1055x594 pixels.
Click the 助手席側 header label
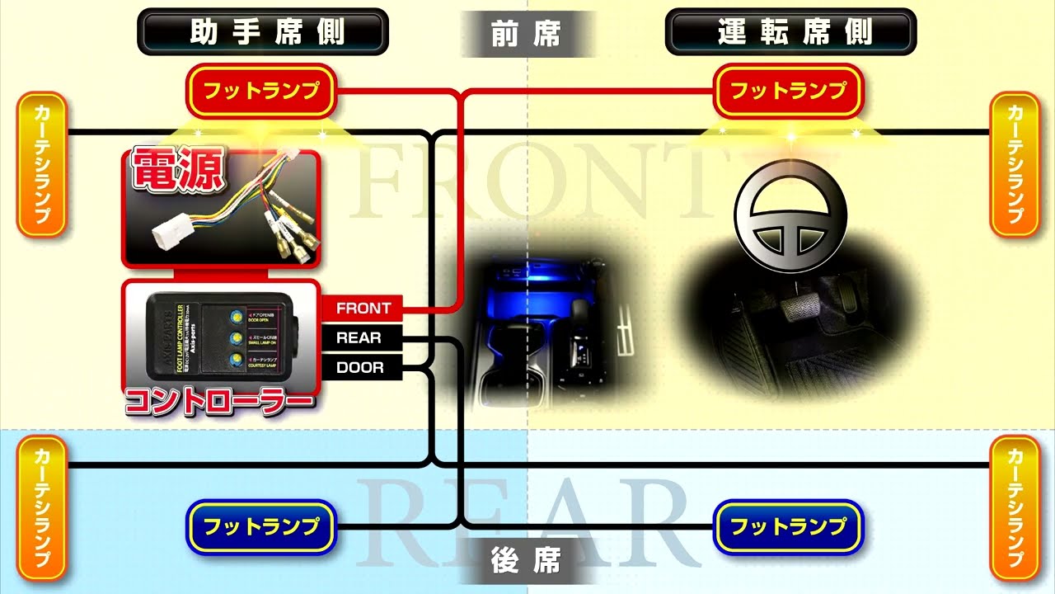coord(262,32)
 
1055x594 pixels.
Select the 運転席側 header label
coord(790,32)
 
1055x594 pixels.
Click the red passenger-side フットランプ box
coord(261,91)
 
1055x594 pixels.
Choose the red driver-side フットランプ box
coord(789,91)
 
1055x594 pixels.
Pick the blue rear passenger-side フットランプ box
coord(261,526)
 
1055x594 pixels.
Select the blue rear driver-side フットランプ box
coord(789,526)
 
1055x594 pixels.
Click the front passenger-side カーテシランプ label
coord(41,164)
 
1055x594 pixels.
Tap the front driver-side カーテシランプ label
coord(1014,164)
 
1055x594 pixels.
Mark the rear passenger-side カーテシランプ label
coord(41,507)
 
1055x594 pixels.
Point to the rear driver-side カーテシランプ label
coord(1014,507)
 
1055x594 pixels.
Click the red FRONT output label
coord(363,309)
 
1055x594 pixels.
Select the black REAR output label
coord(359,337)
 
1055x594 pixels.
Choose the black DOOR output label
coord(360,367)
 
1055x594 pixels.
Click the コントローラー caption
coord(219,402)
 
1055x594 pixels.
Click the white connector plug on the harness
coord(171,232)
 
